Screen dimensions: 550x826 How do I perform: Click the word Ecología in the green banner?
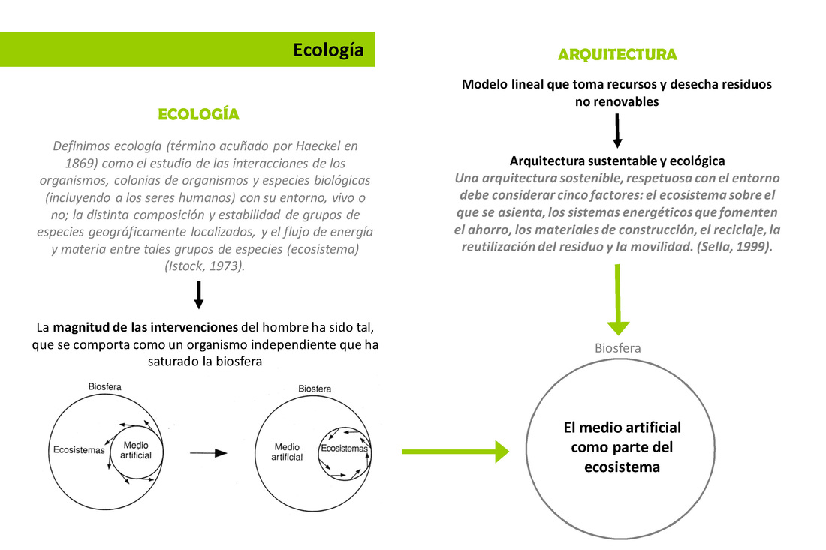pos(328,50)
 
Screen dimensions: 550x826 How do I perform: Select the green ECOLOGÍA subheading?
pos(199,115)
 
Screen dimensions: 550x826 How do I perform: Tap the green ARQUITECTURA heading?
pos(617,55)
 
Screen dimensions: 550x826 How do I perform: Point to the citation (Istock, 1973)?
pos(204,265)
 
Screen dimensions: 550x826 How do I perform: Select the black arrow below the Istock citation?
pos(199,294)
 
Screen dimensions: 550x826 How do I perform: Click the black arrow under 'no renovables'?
pos(617,131)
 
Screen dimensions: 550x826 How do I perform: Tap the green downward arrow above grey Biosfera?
pos(617,300)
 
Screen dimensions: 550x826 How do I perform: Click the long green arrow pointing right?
pos(455,452)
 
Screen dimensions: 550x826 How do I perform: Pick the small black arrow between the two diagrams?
pos(208,453)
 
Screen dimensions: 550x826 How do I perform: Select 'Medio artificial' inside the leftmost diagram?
pos(136,450)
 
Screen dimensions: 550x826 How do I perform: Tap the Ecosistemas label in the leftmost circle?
pos(79,450)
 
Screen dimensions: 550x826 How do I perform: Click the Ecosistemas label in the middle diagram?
pos(345,449)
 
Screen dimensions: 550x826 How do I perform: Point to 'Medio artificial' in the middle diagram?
pos(287,452)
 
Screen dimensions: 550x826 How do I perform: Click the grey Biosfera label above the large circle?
pos(617,348)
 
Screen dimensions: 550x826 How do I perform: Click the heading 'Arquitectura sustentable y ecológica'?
pos(617,161)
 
